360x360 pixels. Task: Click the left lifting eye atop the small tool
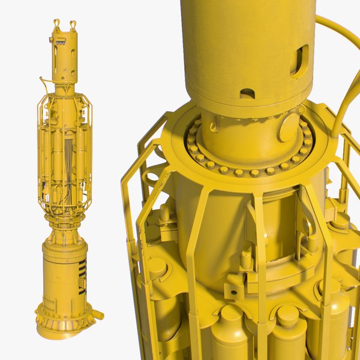58,24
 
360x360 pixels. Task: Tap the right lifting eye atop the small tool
73,25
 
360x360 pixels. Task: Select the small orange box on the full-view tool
59,42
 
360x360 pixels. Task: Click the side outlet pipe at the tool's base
97,314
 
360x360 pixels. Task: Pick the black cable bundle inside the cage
68,159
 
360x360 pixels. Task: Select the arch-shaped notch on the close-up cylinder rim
247,94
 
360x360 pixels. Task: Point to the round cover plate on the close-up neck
289,128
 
